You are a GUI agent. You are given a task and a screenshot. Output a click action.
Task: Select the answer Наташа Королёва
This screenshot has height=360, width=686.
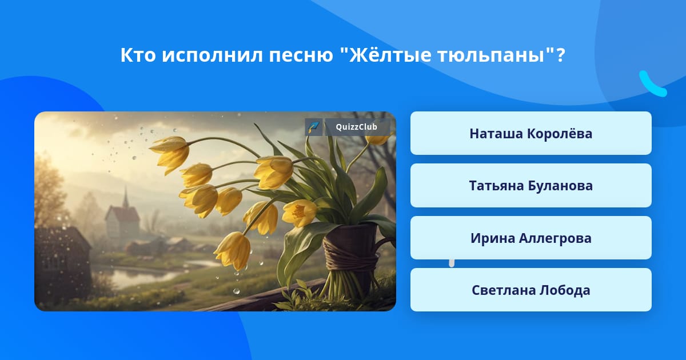(x=531, y=133)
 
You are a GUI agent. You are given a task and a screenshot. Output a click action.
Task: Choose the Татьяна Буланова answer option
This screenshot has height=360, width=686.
(x=531, y=186)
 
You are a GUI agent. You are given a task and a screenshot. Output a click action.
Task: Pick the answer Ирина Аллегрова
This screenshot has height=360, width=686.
(x=531, y=238)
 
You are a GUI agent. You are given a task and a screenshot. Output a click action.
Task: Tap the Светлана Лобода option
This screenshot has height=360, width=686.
(x=531, y=290)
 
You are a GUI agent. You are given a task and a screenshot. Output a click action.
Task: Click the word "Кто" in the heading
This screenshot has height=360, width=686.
(x=138, y=55)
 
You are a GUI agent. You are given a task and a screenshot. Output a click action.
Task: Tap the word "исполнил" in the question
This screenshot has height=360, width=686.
(x=212, y=56)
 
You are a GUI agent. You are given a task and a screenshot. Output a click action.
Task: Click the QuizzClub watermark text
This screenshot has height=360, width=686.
(x=356, y=127)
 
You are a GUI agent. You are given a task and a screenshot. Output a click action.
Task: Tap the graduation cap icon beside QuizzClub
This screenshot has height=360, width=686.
(x=314, y=127)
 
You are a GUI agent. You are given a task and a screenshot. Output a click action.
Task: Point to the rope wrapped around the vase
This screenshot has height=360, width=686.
(x=350, y=254)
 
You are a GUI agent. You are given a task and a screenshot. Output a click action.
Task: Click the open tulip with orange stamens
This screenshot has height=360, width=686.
(x=299, y=213)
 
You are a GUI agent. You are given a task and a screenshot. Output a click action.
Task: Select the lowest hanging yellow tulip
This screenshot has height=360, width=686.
(x=233, y=251)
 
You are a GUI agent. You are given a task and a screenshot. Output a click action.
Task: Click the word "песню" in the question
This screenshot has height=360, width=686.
(x=301, y=56)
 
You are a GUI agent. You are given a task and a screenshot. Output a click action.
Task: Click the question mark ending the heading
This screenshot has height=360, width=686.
(x=561, y=55)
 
